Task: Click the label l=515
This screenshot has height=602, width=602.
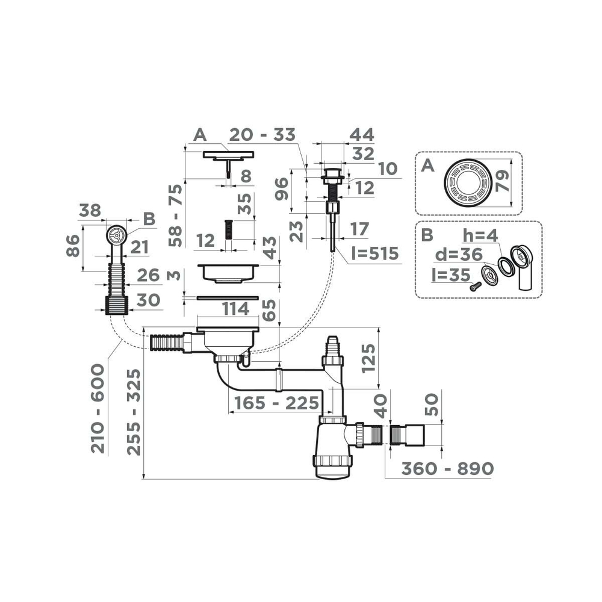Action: point(375,253)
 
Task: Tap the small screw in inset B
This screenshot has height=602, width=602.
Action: point(476,287)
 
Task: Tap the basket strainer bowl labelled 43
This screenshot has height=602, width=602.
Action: point(229,273)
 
